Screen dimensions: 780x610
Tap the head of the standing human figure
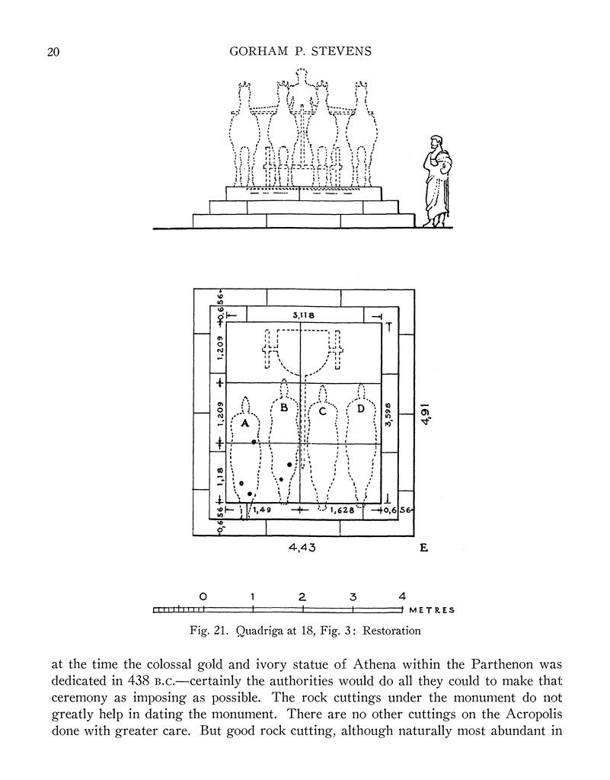(x=436, y=142)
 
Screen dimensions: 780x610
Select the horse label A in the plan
(x=245, y=422)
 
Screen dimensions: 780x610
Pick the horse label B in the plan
(x=284, y=408)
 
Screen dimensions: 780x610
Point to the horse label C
(x=322, y=412)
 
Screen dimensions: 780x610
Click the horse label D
(x=359, y=409)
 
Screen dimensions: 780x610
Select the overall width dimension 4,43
(x=303, y=547)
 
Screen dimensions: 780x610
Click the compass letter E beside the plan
(x=423, y=548)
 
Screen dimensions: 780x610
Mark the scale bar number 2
(x=302, y=596)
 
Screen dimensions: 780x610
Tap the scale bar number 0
(x=203, y=596)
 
